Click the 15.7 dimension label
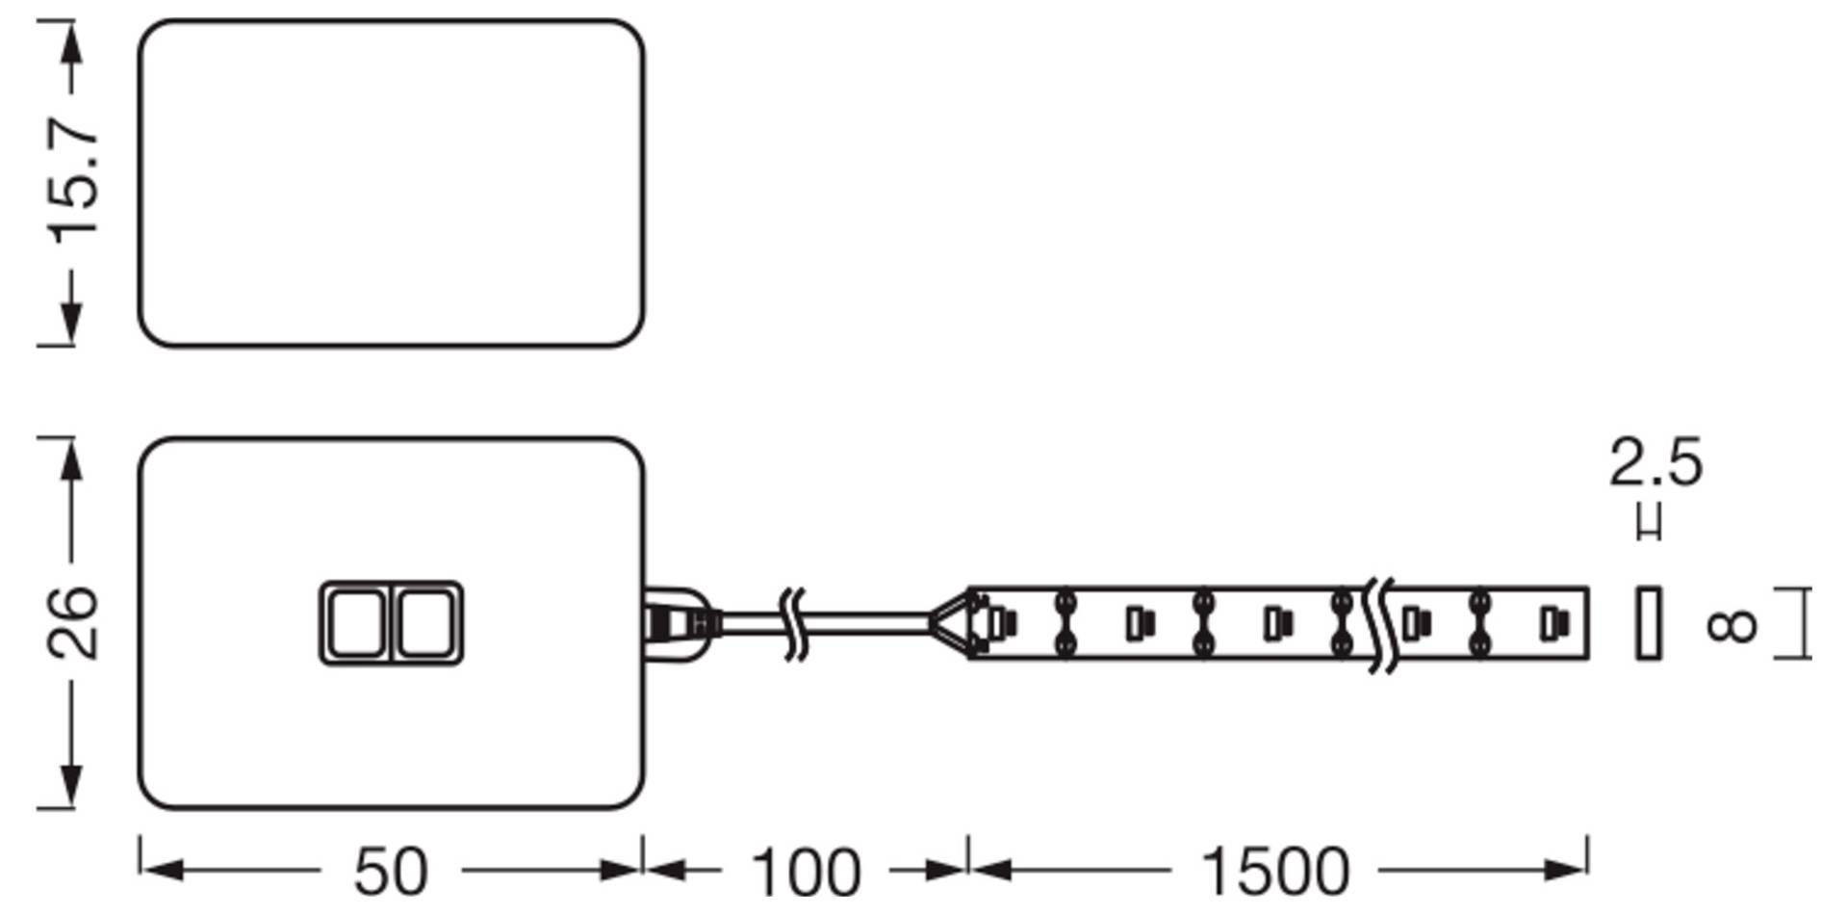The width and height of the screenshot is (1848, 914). [x=73, y=182]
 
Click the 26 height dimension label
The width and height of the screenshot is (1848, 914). [x=73, y=622]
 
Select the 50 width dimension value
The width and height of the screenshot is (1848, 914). [x=390, y=872]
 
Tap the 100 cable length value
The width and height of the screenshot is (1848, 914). [x=805, y=872]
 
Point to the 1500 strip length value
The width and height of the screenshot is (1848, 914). [x=1275, y=872]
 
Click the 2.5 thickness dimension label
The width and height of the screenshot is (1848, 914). [x=1655, y=463]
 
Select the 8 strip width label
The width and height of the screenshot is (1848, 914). [x=1731, y=625]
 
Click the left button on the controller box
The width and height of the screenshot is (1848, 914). [x=355, y=623]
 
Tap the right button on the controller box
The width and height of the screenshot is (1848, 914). [x=425, y=623]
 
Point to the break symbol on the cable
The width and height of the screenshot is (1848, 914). [x=794, y=624]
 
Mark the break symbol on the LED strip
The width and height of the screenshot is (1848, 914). [x=1380, y=625]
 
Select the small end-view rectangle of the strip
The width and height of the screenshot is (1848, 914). [x=1649, y=623]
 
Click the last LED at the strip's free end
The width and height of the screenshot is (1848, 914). [x=1551, y=624]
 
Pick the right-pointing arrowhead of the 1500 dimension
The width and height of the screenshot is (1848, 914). [x=1564, y=871]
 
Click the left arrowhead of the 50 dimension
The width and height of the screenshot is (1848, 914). [x=163, y=871]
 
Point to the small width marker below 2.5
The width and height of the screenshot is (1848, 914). [x=1649, y=524]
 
